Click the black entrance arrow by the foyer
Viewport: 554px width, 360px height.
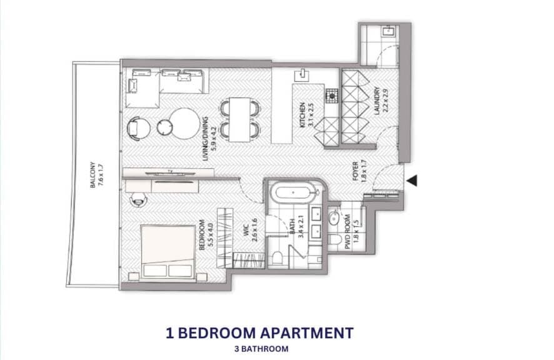point(412,181)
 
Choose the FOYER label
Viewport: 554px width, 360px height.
point(358,170)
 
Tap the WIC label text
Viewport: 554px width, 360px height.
point(251,229)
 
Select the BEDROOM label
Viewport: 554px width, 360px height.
point(205,234)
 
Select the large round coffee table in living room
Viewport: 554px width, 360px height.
point(185,124)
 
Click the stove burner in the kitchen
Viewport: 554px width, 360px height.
point(331,96)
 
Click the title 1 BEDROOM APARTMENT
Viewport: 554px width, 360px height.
point(259,333)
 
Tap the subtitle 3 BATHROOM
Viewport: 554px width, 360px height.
point(259,349)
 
